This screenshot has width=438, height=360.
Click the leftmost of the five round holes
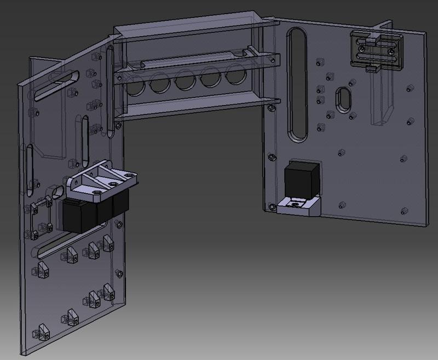tap(135, 85)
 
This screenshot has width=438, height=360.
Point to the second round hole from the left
tap(160, 84)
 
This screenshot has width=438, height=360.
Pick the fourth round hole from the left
tap(210, 80)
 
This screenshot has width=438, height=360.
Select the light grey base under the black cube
tap(298, 207)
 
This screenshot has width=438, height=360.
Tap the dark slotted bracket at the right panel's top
tap(376, 49)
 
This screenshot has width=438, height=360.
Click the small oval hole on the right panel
tap(344, 99)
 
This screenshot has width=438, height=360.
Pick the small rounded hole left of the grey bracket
tap(57, 191)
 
